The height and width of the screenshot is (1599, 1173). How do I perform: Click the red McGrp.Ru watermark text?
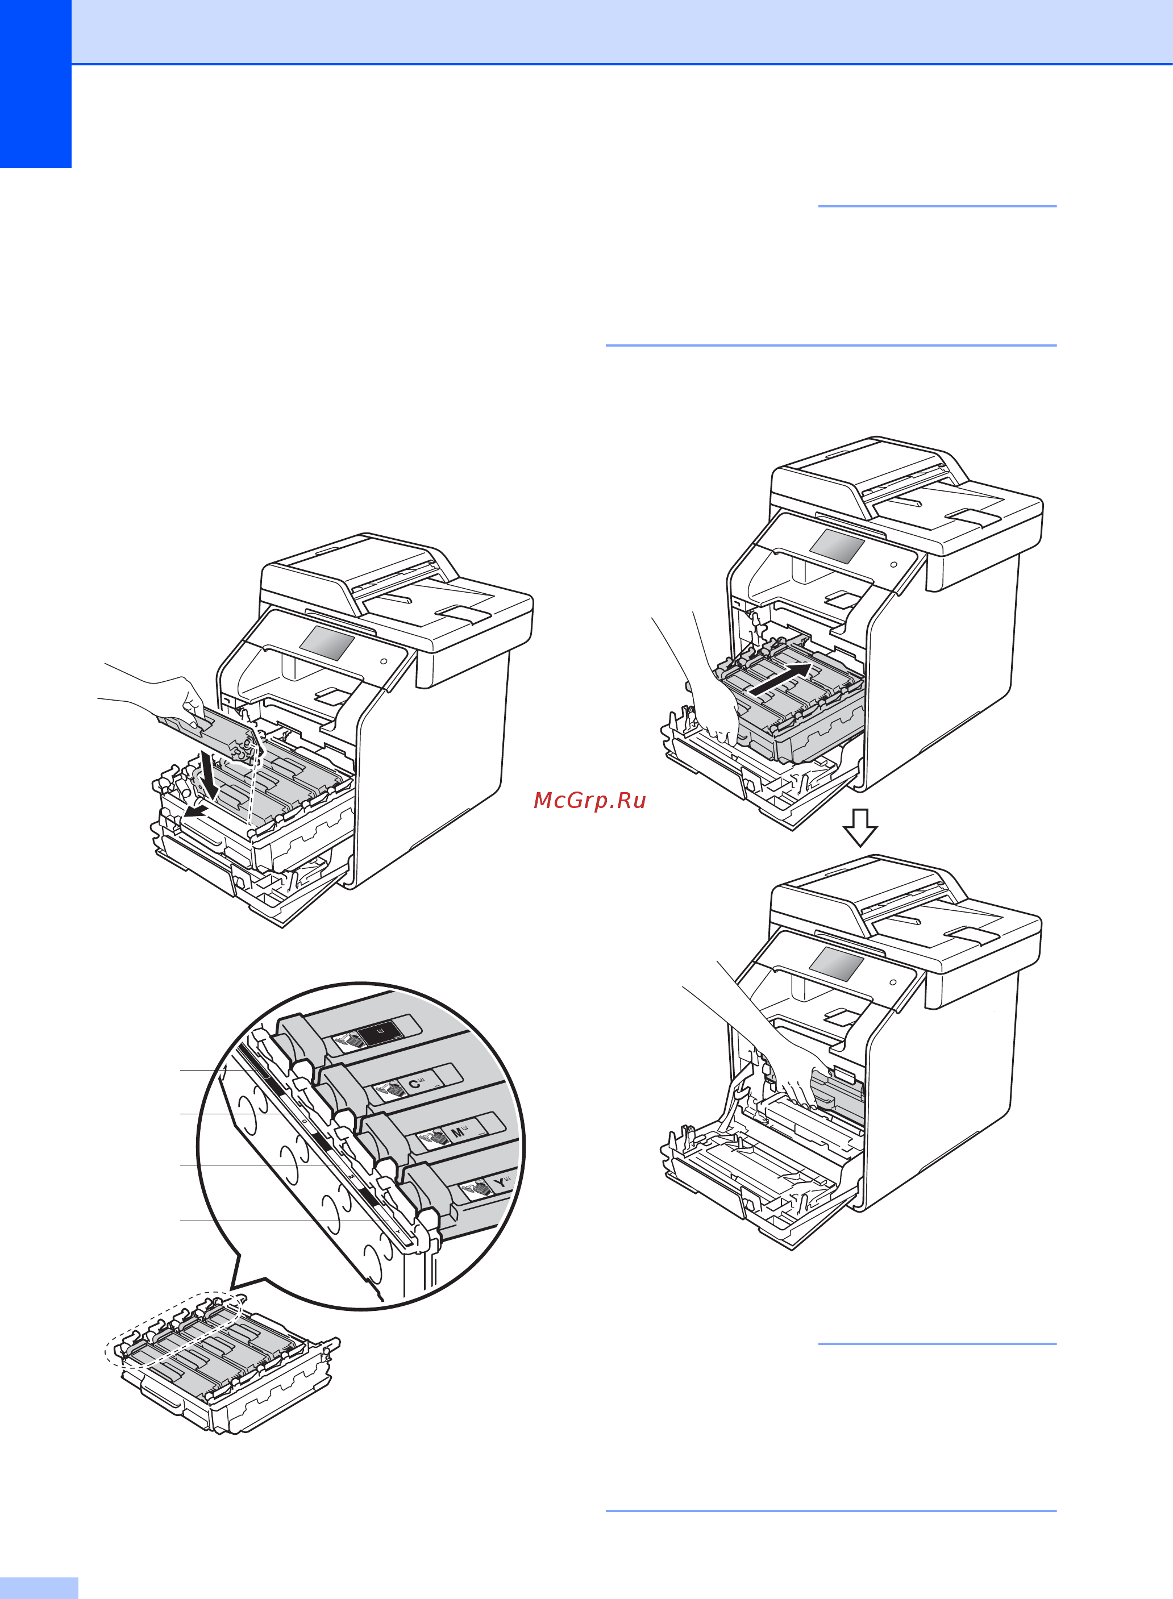(589, 800)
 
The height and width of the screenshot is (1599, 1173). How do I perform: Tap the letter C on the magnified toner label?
(414, 1084)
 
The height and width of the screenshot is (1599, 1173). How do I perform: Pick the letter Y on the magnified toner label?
(501, 1182)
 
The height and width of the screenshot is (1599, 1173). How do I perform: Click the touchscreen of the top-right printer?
(837, 546)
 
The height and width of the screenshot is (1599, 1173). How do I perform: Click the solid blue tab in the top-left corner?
(35, 84)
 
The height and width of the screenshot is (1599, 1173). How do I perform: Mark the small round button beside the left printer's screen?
(384, 661)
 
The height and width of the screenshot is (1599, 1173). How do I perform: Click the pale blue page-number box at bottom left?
(39, 1588)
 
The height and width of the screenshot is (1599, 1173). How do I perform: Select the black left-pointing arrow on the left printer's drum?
(196, 810)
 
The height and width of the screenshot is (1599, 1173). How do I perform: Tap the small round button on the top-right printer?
(893, 564)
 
